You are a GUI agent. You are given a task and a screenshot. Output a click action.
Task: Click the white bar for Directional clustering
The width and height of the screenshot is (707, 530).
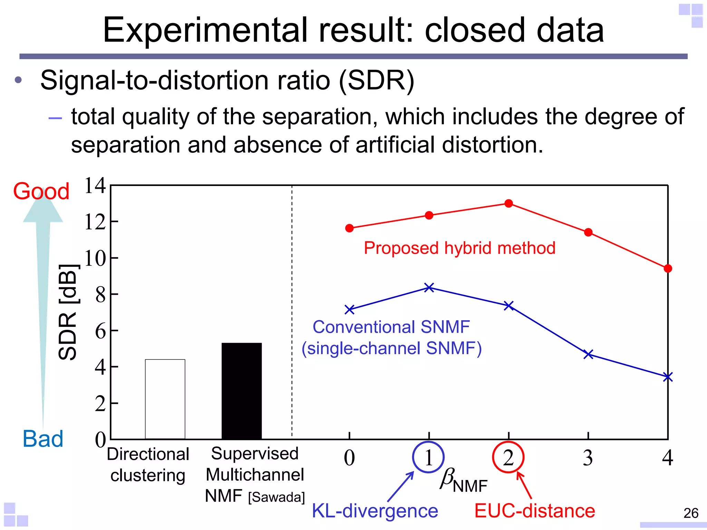click(165, 399)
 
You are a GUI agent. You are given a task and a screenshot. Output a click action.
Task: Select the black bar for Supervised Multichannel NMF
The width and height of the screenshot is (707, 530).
click(242, 391)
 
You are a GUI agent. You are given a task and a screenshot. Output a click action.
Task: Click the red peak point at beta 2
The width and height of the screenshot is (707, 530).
click(509, 203)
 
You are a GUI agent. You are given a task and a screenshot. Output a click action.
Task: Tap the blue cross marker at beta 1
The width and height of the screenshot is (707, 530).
click(429, 287)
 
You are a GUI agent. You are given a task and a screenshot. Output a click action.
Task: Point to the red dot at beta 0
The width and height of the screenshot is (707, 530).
click(349, 228)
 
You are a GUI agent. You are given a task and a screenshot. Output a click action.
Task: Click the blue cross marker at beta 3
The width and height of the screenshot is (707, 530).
click(588, 354)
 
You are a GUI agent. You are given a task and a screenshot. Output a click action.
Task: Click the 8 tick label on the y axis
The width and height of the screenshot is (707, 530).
click(100, 295)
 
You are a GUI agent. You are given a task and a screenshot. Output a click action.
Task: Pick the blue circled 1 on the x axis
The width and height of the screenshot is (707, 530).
click(428, 457)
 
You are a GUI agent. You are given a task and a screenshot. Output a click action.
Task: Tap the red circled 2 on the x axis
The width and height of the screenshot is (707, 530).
click(508, 457)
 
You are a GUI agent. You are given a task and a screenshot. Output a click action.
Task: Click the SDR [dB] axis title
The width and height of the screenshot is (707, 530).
click(68, 312)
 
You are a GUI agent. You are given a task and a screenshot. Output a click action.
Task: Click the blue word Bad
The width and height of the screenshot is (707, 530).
click(43, 439)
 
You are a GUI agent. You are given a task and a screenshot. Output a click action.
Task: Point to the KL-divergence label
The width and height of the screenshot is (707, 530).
click(375, 511)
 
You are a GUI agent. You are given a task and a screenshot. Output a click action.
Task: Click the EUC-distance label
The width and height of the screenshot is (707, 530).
click(534, 511)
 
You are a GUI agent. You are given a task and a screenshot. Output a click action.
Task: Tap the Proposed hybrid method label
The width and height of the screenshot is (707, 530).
click(459, 248)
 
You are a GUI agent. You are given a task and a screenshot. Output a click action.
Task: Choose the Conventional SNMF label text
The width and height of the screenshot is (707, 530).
click(391, 327)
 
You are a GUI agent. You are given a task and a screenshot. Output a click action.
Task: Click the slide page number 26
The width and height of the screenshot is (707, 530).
click(691, 513)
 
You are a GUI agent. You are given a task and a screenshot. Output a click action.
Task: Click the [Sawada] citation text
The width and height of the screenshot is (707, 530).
click(277, 497)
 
